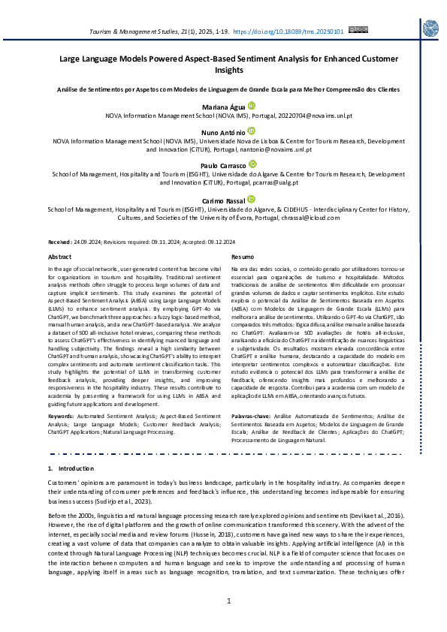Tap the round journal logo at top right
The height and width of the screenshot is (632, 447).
431,29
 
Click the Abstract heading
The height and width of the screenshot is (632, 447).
61,257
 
